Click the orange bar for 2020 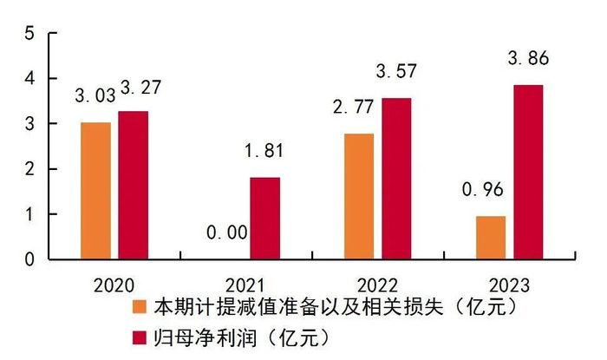tap(95, 191)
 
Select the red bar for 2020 tap(133, 185)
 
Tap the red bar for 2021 tap(265, 218)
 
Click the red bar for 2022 tap(396, 178)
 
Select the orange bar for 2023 tap(491, 237)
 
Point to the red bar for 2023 tap(528, 172)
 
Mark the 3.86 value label tap(529, 61)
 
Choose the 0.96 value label tap(488, 190)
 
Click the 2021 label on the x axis tap(245, 284)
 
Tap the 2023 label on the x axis tap(509, 284)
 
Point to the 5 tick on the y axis tap(29, 33)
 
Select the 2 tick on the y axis tap(29, 169)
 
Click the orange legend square tap(139, 306)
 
